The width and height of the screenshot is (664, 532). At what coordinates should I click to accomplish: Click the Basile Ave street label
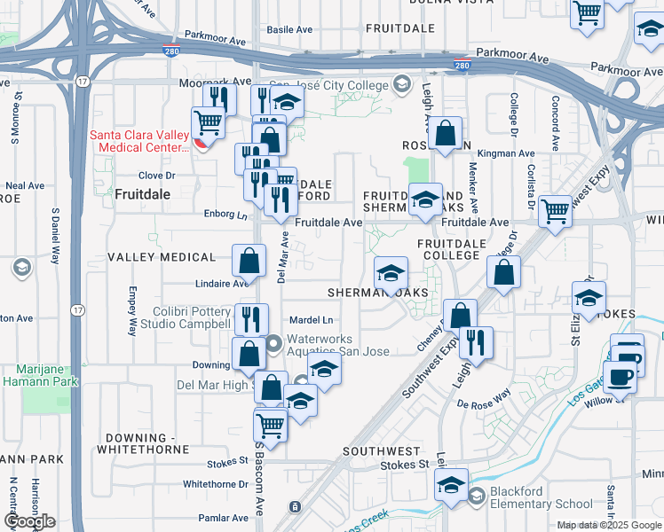(x=290, y=29)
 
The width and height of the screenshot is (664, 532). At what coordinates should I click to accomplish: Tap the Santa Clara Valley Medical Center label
(x=140, y=141)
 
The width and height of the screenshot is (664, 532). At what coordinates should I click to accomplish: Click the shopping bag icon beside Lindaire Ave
(x=249, y=261)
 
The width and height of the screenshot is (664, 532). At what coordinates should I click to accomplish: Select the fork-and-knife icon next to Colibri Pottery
(x=252, y=318)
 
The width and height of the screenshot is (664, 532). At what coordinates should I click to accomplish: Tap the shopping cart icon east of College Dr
(x=556, y=212)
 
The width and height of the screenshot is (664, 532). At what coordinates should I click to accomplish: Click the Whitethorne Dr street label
(x=215, y=484)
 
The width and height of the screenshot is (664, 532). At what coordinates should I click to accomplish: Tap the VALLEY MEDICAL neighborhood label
(x=162, y=257)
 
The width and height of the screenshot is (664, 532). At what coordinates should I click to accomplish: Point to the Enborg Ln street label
(x=225, y=215)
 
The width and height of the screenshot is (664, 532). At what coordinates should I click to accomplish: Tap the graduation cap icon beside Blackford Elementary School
(x=452, y=485)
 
